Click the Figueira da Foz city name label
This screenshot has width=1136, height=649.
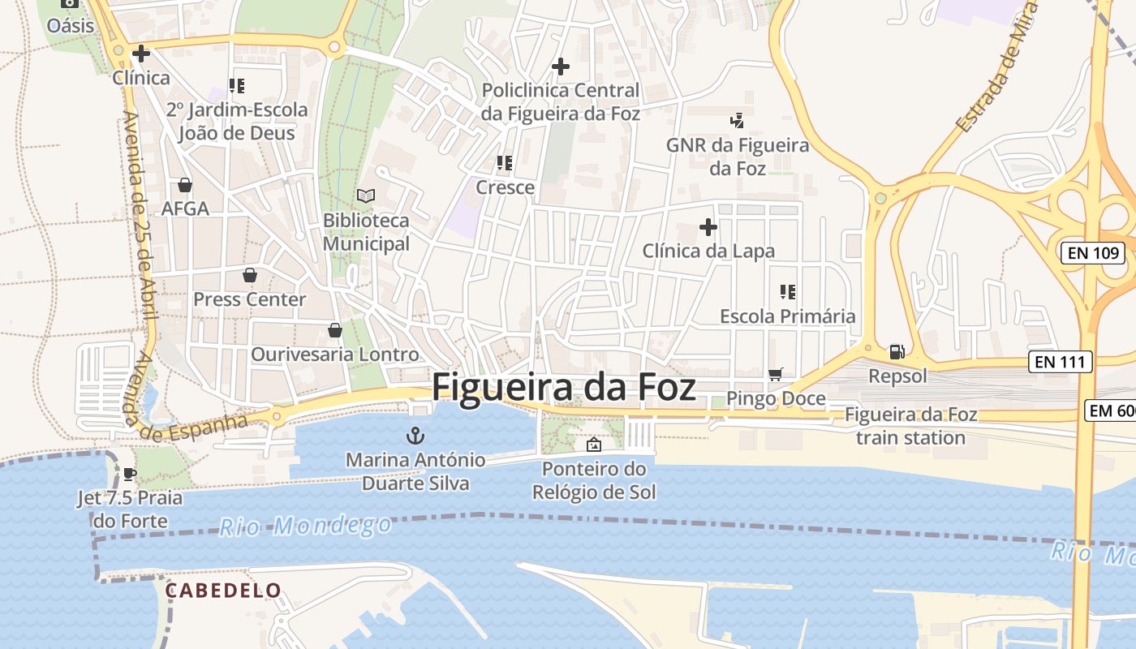click(x=563, y=387)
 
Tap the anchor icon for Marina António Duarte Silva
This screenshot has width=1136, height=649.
click(x=415, y=436)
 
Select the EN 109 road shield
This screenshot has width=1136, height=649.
click(x=1093, y=253)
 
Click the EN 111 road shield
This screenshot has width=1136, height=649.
click(x=1060, y=362)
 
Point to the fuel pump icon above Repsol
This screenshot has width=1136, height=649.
click(x=897, y=352)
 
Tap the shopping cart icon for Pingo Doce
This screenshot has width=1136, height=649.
click(x=775, y=374)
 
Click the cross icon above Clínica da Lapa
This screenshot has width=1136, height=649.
click(x=708, y=227)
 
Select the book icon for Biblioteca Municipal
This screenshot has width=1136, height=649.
click(x=366, y=196)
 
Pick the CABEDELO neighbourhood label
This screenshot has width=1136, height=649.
click(x=223, y=591)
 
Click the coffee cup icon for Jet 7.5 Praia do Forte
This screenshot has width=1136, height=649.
click(x=129, y=474)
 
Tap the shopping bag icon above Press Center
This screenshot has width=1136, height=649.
click(x=250, y=275)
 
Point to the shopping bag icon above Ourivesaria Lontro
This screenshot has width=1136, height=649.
click(x=334, y=330)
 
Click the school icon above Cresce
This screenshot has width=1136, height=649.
click(x=505, y=163)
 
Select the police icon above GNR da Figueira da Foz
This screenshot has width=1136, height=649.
click(x=737, y=121)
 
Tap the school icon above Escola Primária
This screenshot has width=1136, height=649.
click(x=787, y=291)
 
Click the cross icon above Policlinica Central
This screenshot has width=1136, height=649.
click(x=560, y=67)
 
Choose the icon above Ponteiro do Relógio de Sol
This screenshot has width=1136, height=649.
click(x=594, y=445)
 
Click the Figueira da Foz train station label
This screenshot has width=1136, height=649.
click(x=910, y=426)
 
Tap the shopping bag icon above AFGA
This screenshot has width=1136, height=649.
click(x=185, y=185)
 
